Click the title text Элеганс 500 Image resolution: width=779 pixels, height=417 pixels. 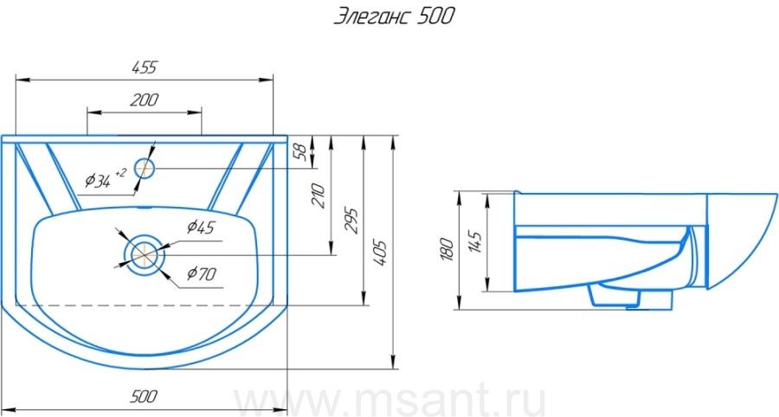pyautogui.click(x=394, y=16)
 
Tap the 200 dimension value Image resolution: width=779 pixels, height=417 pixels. pyautogui.click(x=144, y=99)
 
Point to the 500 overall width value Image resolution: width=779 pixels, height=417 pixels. pyautogui.click(x=144, y=396)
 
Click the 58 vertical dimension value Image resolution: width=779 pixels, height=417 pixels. pyautogui.click(x=300, y=151)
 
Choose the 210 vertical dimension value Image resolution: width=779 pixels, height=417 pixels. pyautogui.click(x=318, y=196)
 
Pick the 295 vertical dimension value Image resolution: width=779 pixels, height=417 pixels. pyautogui.click(x=351, y=221)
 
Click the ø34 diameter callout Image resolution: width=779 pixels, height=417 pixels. pyautogui.click(x=97, y=180)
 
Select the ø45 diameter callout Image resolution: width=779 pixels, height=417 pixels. pyautogui.click(x=201, y=227)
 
